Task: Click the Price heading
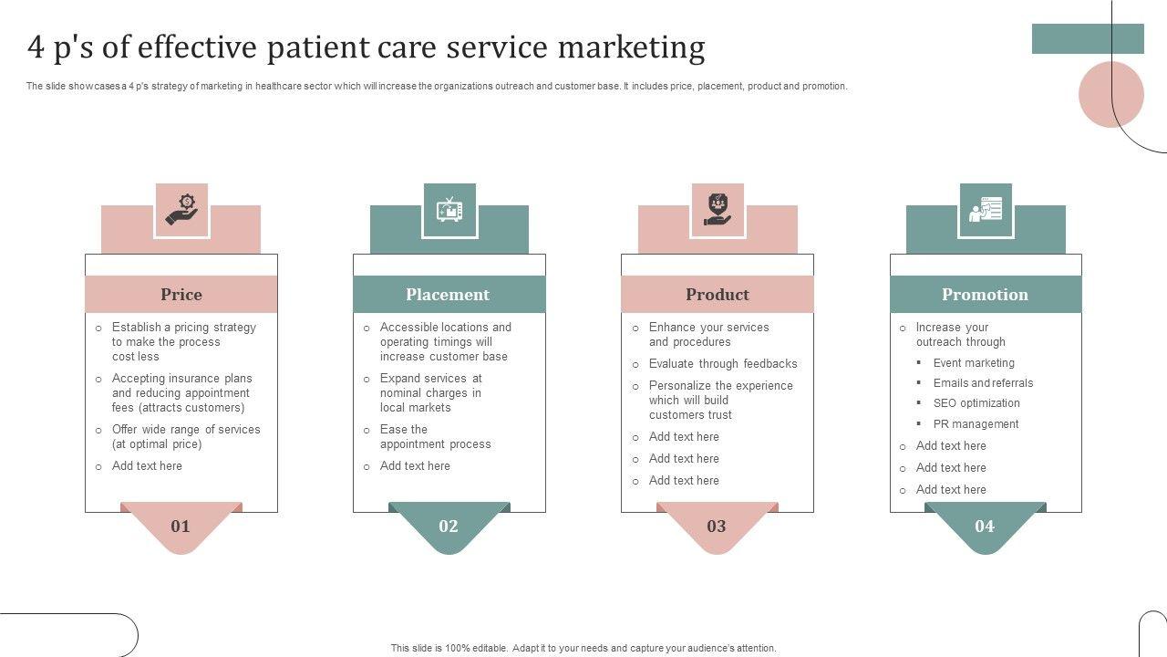coord(181,295)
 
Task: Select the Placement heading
coord(448,295)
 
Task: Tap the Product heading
coord(718,295)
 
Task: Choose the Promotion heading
coord(985,295)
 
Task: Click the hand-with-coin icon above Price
coord(181,210)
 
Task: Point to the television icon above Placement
coord(449,210)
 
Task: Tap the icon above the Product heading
coord(718,210)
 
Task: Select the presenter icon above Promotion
coord(986,210)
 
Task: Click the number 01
coord(181,526)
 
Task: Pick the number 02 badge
coord(449,526)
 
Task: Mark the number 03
coord(717,526)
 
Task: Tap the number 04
coord(985,526)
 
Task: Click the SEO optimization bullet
coord(976,403)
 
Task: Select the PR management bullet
coord(976,424)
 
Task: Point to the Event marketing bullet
coord(974,363)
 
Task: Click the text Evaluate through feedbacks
coord(723,364)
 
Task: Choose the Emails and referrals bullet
coord(983,383)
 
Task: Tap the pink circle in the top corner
coord(1110,94)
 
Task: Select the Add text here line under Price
coord(147,466)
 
